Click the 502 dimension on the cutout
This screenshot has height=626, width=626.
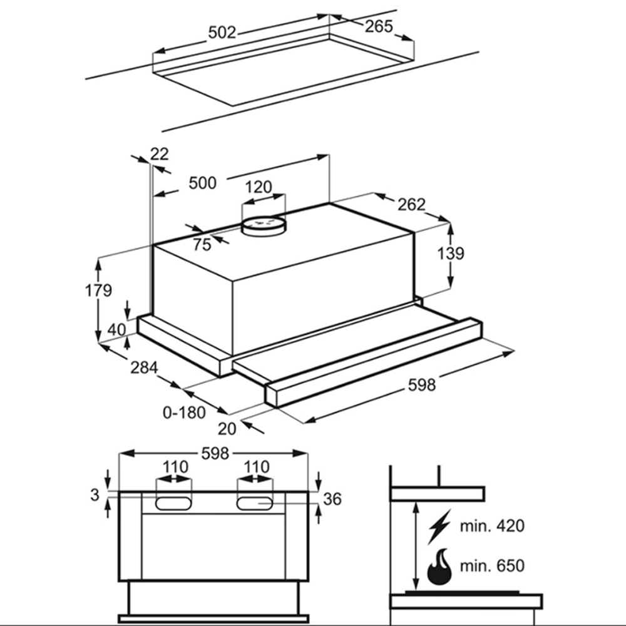[222, 33]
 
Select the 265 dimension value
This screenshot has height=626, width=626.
[378, 26]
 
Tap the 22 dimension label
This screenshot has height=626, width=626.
[160, 154]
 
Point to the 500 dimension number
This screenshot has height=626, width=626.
[202, 183]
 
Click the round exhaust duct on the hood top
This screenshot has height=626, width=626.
[263, 225]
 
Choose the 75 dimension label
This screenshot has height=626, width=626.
[202, 245]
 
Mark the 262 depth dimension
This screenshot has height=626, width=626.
[411, 204]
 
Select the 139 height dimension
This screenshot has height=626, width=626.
[450, 254]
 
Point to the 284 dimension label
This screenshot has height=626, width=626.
[144, 368]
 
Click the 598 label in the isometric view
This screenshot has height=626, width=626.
[421, 384]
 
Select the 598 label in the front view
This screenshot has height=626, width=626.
[214, 453]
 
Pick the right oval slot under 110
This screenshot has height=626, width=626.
[255, 502]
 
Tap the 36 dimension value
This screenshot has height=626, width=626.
[332, 499]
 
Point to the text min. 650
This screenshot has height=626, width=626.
[491, 567]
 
